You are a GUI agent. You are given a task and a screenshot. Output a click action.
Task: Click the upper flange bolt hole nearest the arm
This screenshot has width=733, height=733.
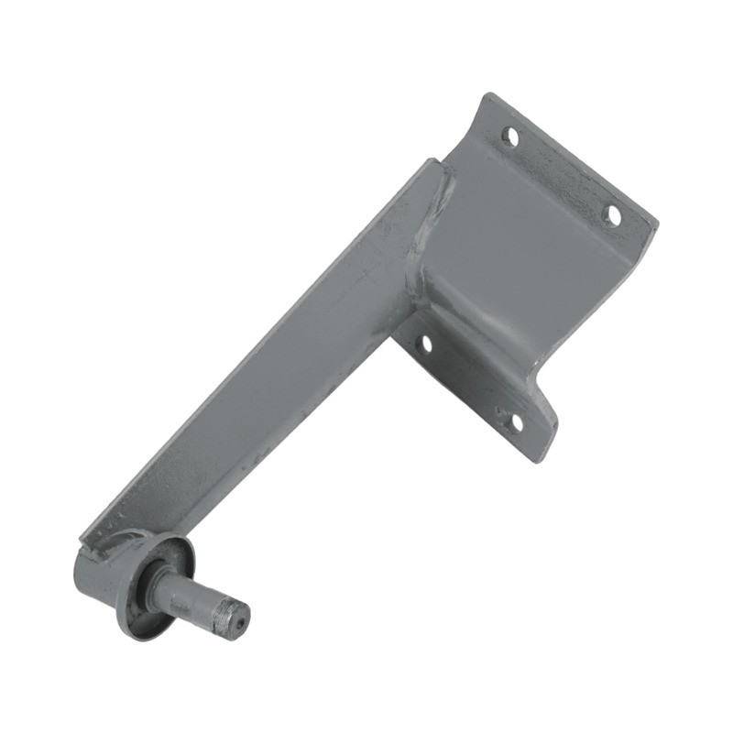coord(510,137)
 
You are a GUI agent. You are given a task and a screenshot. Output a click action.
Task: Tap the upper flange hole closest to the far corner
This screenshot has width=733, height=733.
coord(611,214)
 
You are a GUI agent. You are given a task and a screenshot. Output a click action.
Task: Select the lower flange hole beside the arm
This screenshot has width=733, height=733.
coord(424,345)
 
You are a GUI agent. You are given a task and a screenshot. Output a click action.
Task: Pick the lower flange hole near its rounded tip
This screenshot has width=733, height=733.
coord(513,421)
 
